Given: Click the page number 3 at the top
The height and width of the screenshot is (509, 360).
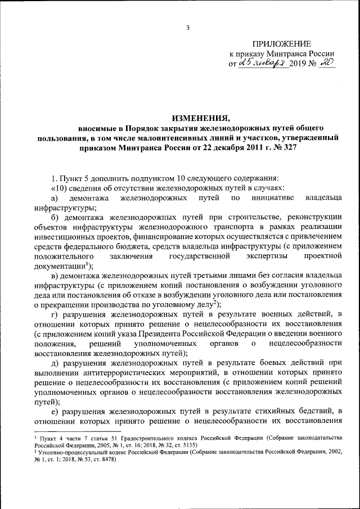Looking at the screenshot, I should point(188,28).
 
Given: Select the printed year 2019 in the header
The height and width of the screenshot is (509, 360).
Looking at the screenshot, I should point(298,64).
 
